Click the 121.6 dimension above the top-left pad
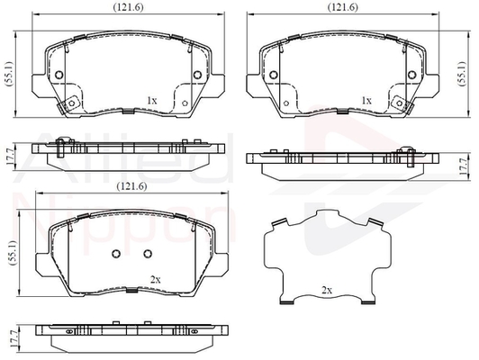point(128,7)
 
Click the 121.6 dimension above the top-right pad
point(343,7)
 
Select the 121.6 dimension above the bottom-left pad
point(132,186)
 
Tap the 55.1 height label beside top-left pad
point(9,74)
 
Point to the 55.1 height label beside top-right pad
point(462,74)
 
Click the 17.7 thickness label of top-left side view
point(8,157)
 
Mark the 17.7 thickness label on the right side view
point(464,166)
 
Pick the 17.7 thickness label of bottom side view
point(13,338)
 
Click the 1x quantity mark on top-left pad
point(152,101)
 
